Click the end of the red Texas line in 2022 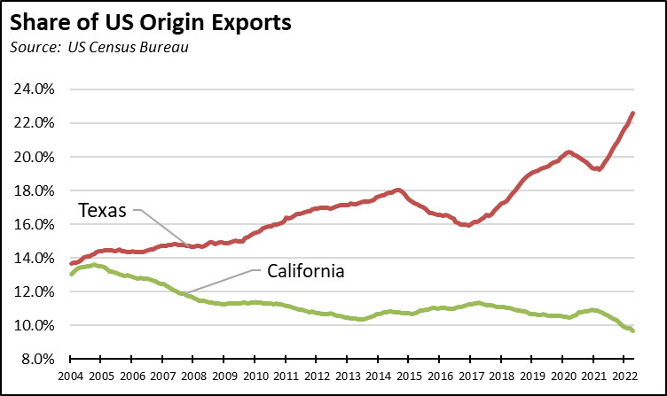(632, 113)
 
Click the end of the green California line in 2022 (632, 330)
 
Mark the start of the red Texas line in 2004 (71, 264)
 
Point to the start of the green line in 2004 (71, 275)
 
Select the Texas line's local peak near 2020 (569, 152)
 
